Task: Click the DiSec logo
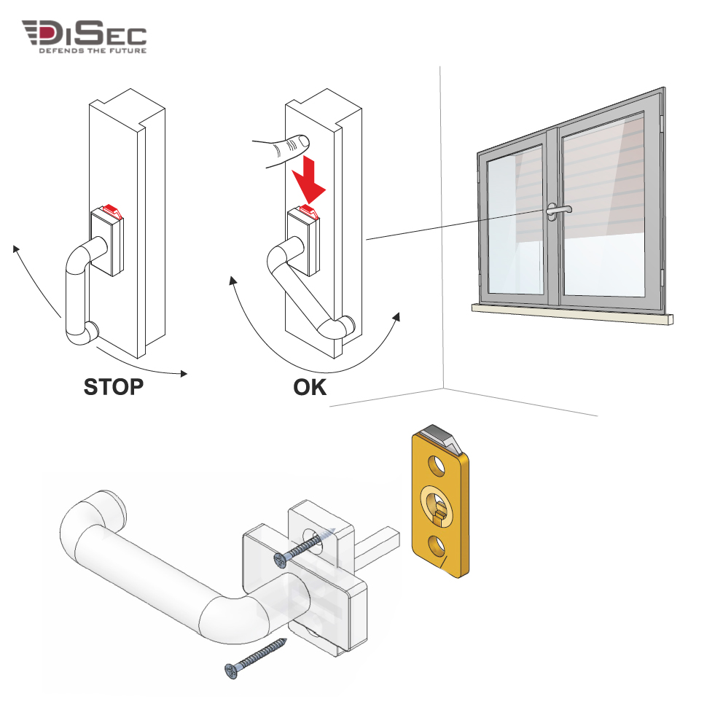(x=85, y=36)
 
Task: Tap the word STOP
(x=114, y=387)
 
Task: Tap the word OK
(x=310, y=387)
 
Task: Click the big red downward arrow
(x=309, y=180)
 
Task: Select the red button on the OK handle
(x=309, y=211)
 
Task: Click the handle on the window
(x=557, y=210)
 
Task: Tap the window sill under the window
(x=571, y=314)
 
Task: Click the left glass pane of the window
(x=515, y=220)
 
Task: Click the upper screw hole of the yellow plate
(x=437, y=465)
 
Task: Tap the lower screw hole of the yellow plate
(x=437, y=545)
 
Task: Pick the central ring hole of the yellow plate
(x=437, y=505)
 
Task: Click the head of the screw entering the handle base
(x=281, y=560)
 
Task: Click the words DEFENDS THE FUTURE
(x=93, y=50)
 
